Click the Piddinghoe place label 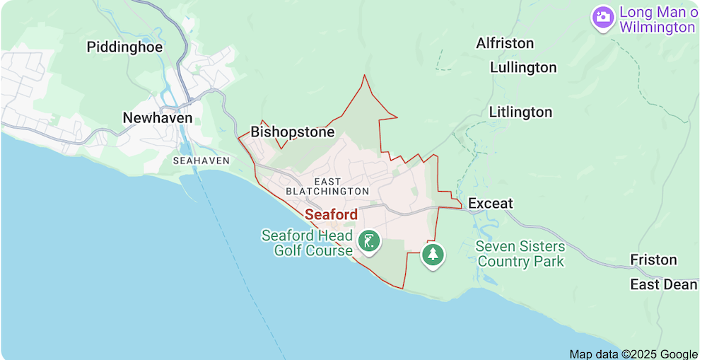124,47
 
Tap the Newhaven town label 157,118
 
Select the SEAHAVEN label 201,161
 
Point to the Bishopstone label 292,132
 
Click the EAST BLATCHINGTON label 327,187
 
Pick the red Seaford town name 331,214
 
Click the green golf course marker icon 368,241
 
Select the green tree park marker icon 433,253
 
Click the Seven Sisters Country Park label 520,254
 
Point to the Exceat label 490,204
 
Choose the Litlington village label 520,112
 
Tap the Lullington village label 523,68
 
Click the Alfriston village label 505,43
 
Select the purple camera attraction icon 603,16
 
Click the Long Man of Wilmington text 657,20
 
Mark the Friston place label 653,260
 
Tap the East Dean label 664,284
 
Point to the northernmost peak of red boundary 365,76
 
